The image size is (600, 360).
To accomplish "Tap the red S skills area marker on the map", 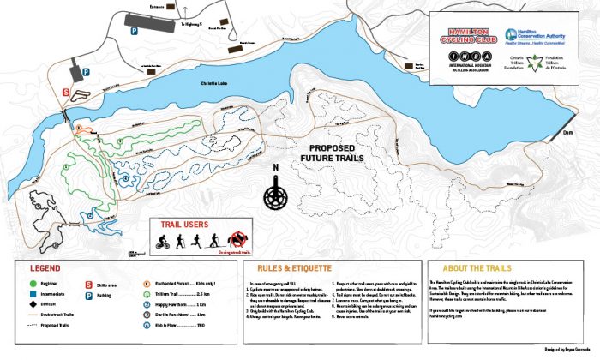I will pyautogui.click(x=66, y=90).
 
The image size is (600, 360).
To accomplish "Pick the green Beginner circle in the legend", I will pyautogui.click(x=31, y=282).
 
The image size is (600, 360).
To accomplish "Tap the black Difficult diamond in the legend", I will pyautogui.click(x=31, y=304).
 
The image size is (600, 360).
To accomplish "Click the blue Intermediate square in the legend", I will pyautogui.click(x=31, y=293).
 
